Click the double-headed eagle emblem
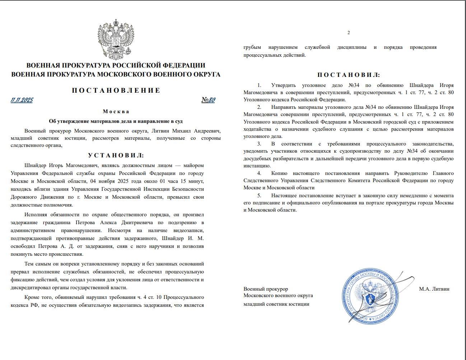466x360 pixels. [x=116, y=40]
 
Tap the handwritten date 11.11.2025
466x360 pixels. [x=22, y=100]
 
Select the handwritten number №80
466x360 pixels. [x=208, y=100]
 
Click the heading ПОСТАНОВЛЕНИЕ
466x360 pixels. [x=116, y=90]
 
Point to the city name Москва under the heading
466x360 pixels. [x=116, y=111]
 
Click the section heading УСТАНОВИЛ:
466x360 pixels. [x=116, y=155]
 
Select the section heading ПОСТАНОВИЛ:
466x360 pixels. [x=348, y=75]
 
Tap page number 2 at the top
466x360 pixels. [x=348, y=33]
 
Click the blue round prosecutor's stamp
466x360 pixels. [x=370, y=296]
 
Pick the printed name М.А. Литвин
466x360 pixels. [x=434, y=289]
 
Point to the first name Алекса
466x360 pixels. [x=108, y=222]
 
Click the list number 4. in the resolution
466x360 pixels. [x=259, y=173]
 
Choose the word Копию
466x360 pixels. [x=279, y=173]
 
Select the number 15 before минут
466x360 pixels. [x=183, y=181]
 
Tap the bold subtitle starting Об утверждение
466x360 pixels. [x=116, y=121]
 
